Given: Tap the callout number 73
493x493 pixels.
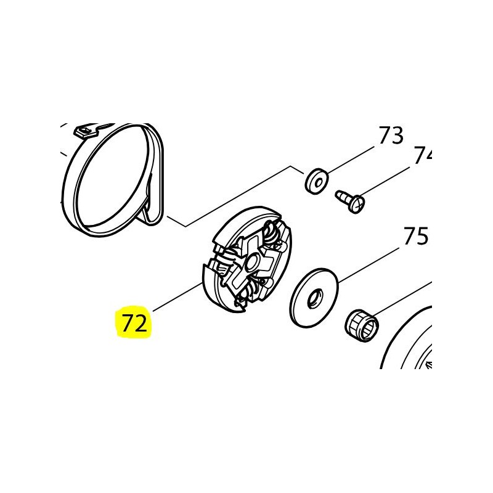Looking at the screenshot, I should [390, 136].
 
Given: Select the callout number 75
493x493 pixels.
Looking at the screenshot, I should [416, 236].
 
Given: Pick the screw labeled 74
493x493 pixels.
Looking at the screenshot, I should [350, 200].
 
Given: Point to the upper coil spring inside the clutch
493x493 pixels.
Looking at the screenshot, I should [271, 234].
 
